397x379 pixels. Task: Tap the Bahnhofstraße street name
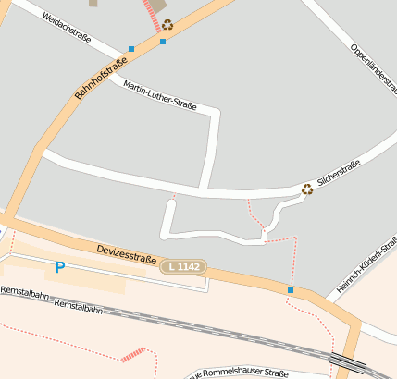pos(100,79)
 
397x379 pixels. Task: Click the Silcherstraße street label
pos(339,175)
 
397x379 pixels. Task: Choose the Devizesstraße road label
pos(126,253)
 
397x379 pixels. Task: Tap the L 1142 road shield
pos(182,266)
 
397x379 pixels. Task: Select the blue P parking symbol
pos(60,268)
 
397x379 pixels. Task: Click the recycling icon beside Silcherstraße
pos(307,189)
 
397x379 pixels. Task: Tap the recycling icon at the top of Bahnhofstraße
pos(167,26)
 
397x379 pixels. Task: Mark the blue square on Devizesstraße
pos(290,291)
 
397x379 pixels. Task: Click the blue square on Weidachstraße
pos(131,48)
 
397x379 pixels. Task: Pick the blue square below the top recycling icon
pos(163,42)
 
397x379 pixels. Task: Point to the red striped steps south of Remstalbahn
pos(132,354)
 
